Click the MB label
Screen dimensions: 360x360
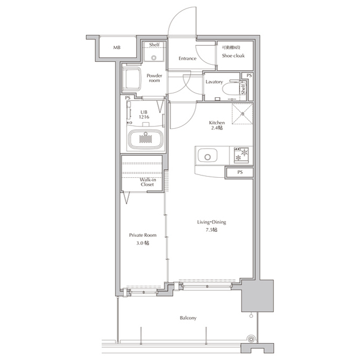116,47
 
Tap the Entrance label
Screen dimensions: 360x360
187,58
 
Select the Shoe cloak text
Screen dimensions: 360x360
233,56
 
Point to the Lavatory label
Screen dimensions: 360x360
214,82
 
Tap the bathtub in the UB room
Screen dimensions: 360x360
146,139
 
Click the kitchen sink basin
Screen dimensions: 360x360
208,156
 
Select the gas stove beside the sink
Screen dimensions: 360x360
241,155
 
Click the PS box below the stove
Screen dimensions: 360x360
240,173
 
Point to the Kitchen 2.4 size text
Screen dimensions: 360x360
217,125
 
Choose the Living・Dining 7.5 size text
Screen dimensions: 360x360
211,226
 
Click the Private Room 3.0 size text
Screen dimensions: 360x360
142,239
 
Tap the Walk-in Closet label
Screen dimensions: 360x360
147,182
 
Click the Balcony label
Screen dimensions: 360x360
188,318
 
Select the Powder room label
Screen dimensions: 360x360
154,78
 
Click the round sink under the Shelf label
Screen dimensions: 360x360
154,58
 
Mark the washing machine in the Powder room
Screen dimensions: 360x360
131,79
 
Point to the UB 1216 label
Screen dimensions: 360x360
144,115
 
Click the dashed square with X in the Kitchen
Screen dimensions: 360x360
242,114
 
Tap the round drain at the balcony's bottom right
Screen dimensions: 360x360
251,339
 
